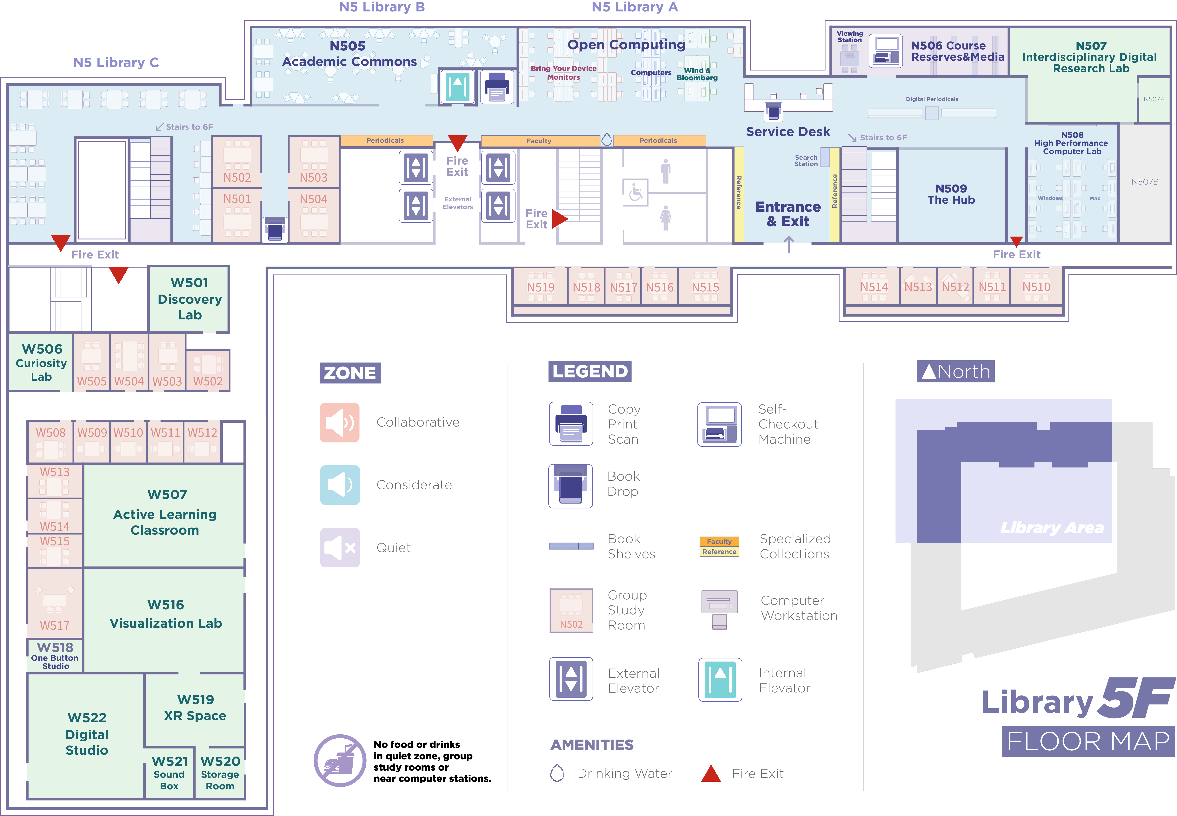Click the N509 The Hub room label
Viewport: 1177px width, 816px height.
(951, 194)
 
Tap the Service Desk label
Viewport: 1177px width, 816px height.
(788, 132)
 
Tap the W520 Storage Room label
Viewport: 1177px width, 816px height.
(220, 773)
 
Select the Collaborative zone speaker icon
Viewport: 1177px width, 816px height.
(340, 422)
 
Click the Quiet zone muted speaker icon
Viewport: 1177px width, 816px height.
(340, 548)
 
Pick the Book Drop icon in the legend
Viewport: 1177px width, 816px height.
(570, 486)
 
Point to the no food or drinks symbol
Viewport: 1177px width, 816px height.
(340, 760)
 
